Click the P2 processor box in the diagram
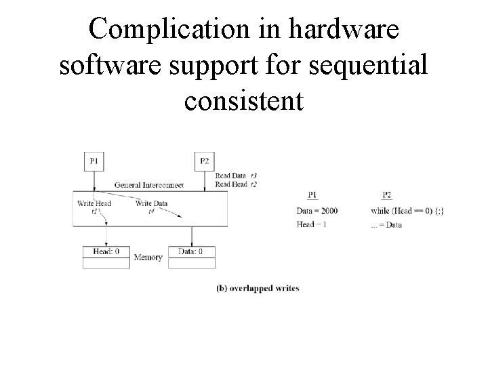click(204, 161)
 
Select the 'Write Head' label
click(94, 203)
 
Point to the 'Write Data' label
click(151, 203)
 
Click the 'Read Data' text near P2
click(230, 176)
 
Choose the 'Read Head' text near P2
click(230, 183)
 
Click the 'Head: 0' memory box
click(105, 251)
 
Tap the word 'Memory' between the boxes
click(148, 258)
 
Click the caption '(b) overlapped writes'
click(258, 288)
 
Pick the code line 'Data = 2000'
click(317, 211)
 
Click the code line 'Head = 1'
click(312, 224)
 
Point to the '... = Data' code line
click(387, 224)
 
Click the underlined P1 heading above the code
click(312, 195)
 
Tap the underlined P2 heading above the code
click(386, 195)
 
